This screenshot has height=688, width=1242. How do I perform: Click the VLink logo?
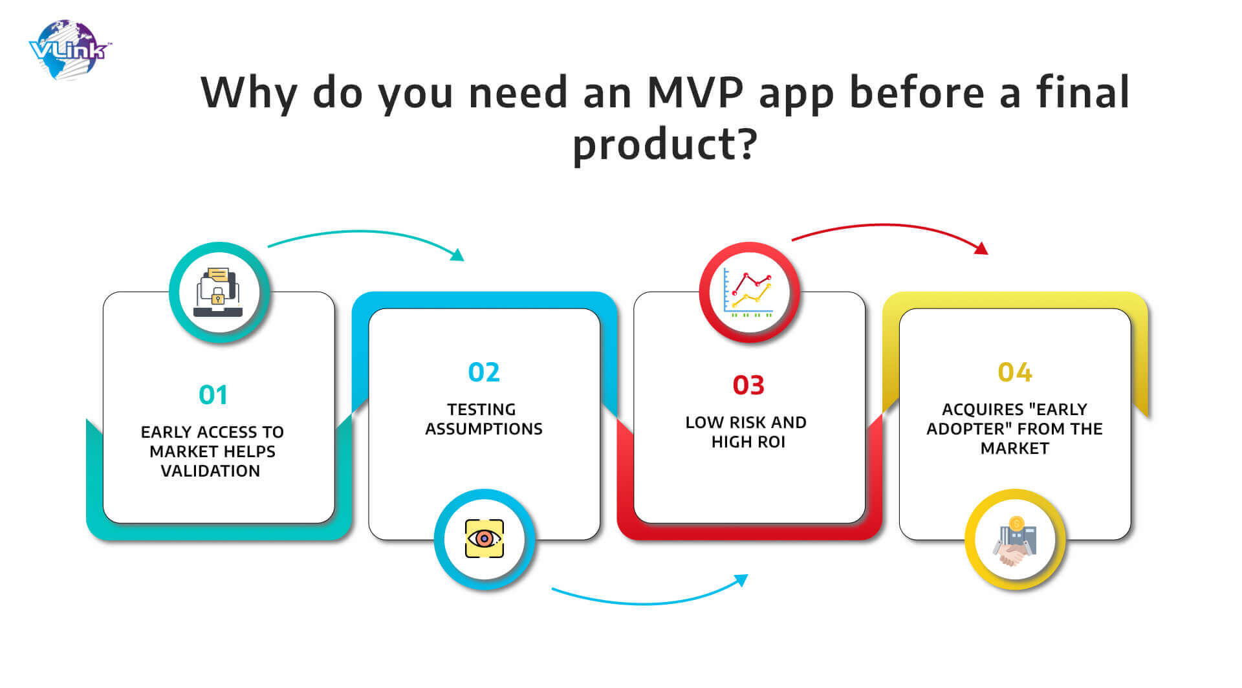pos(70,50)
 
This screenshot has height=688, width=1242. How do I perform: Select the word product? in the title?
pos(665,144)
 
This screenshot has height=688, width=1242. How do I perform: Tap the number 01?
pos(213,395)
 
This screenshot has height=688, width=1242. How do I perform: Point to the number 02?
pos(484,372)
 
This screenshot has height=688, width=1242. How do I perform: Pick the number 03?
pos(748,385)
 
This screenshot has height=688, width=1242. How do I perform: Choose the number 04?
pos(1014,372)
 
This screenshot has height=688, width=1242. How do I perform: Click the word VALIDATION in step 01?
pos(210,471)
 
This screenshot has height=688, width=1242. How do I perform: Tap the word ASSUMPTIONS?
pos(484,429)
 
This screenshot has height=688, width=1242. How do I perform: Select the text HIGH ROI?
pos(748,442)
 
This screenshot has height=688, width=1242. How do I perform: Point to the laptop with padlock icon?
pos(219,292)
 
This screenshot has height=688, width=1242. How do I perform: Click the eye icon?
pos(485,539)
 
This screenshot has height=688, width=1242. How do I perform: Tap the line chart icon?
pos(749,292)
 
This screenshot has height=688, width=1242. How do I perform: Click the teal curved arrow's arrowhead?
pos(458,255)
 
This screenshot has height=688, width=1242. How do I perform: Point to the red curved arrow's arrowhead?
pos(982,248)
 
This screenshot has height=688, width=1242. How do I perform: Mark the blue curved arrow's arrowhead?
pos(741,580)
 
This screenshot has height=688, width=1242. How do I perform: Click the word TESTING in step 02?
pos(481,410)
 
